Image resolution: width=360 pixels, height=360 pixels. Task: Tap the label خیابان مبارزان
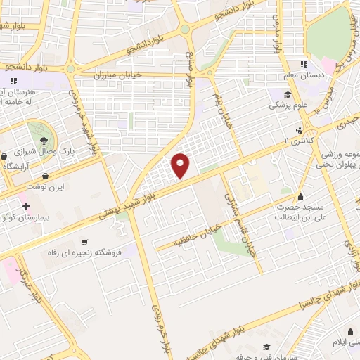coord(122,72)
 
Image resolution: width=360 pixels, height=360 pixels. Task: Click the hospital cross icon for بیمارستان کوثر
coord(27,207)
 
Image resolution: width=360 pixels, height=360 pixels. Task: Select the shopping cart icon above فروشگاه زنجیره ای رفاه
coord(84,242)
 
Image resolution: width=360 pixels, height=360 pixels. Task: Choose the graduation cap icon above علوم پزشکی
coord(287,95)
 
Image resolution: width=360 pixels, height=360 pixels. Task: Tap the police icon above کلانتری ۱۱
coord(300,129)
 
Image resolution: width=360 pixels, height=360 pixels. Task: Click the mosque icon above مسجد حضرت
coord(301,196)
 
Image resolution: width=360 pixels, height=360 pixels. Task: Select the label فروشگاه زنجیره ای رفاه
coord(89,252)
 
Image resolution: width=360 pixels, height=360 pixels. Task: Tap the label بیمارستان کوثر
coord(25,219)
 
